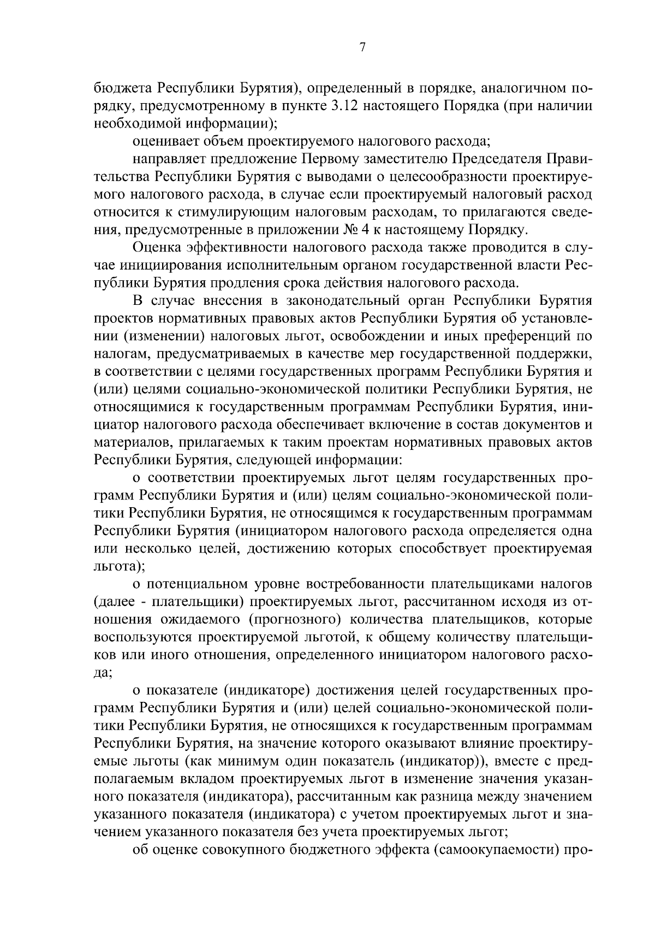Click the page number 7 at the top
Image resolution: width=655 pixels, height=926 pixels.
(x=362, y=47)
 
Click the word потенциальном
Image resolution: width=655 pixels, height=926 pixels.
(x=200, y=585)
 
